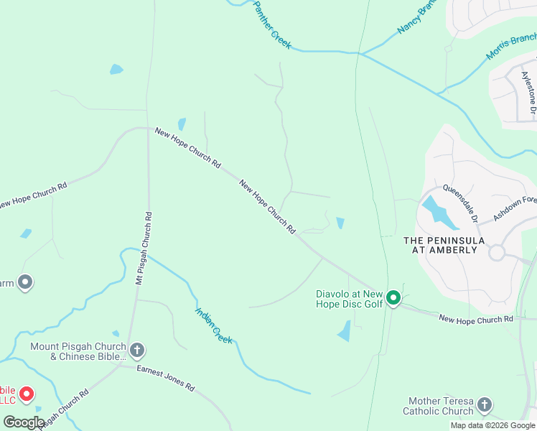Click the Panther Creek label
[x=272, y=25]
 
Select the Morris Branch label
[x=511, y=45]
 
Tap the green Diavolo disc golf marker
[x=393, y=297]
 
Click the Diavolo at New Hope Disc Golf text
[x=350, y=299]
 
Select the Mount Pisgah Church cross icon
[x=137, y=351]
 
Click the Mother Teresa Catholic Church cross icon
[x=485, y=406]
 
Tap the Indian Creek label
[x=214, y=325]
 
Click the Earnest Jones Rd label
[x=167, y=378]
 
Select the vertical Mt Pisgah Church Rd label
[x=144, y=248]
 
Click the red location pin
[x=27, y=393]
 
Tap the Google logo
[x=24, y=422]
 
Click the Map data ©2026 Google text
[x=492, y=425]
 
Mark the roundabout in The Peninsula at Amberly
[x=497, y=253]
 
